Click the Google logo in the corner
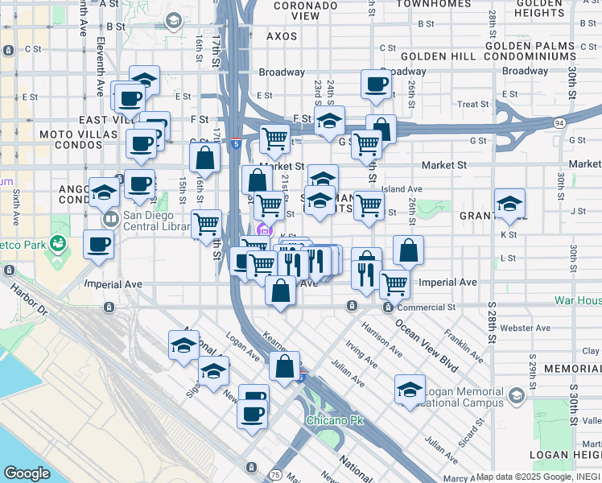(27, 473)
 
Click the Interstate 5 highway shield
(234, 143)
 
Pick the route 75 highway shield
(276, 475)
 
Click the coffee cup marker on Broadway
(376, 84)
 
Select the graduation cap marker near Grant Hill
(509, 204)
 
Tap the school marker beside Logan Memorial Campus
(410, 390)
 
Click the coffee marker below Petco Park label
(100, 244)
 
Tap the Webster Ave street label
(525, 328)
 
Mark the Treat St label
(472, 105)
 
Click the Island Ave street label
(402, 189)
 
